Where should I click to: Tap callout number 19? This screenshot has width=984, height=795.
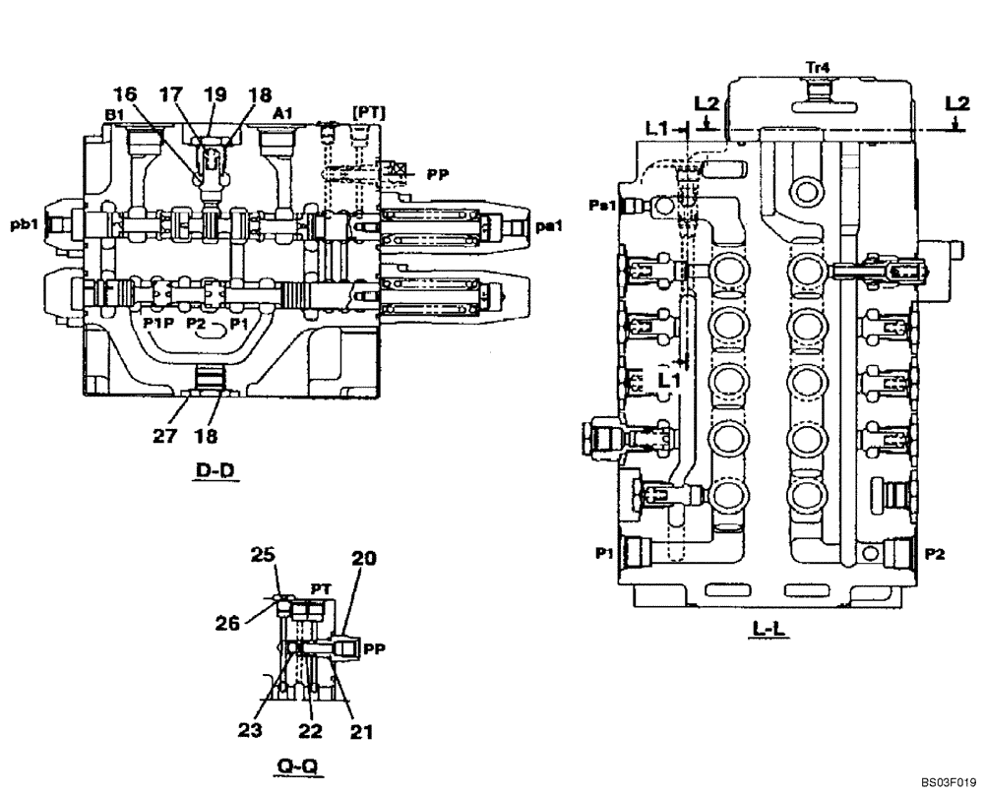pyautogui.click(x=215, y=94)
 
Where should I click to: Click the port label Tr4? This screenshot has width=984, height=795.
pyautogui.click(x=818, y=67)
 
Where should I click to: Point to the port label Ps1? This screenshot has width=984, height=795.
pyautogui.click(x=603, y=205)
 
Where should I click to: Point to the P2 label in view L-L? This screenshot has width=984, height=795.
pyautogui.click(x=936, y=555)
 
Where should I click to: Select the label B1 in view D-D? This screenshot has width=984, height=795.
pyautogui.click(x=114, y=114)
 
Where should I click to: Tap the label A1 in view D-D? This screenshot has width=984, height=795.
pyautogui.click(x=282, y=114)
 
